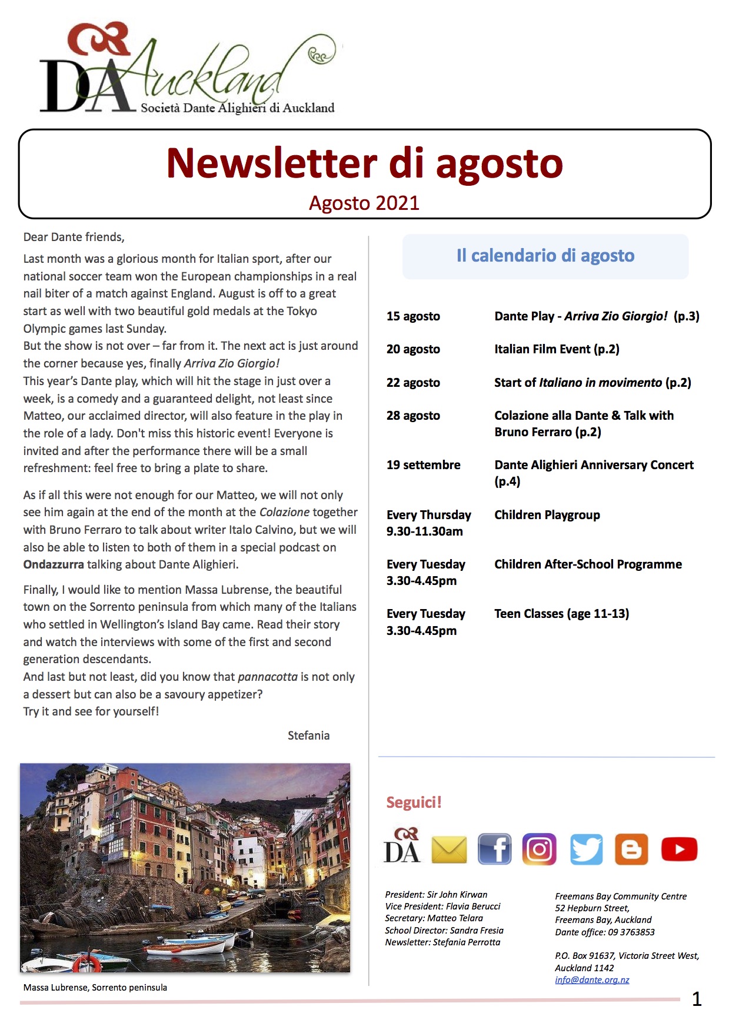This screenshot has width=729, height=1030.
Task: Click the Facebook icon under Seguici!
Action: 494,849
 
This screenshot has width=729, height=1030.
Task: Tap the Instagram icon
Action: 539,849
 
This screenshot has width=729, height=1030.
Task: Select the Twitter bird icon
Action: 586,849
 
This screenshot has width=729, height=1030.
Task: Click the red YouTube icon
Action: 679,849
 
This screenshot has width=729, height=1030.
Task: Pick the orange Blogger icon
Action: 631,849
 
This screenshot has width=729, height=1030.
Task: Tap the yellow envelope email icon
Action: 449,850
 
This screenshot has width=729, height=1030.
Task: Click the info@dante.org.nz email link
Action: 592,980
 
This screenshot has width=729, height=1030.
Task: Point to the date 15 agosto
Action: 413,316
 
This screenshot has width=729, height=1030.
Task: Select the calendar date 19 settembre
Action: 423,465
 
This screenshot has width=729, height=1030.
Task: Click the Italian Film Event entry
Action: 557,349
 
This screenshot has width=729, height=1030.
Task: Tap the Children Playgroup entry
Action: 547,515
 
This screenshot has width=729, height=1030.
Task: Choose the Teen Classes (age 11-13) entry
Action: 561,614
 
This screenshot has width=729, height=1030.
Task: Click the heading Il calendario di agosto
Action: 545,256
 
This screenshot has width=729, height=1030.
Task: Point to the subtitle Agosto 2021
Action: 364,203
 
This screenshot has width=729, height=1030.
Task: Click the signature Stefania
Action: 308,735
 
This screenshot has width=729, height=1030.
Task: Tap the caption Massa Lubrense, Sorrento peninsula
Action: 95,988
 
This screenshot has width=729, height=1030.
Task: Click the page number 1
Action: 697,999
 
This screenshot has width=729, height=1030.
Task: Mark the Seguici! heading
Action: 414,802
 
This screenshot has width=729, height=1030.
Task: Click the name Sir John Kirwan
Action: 457,895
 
